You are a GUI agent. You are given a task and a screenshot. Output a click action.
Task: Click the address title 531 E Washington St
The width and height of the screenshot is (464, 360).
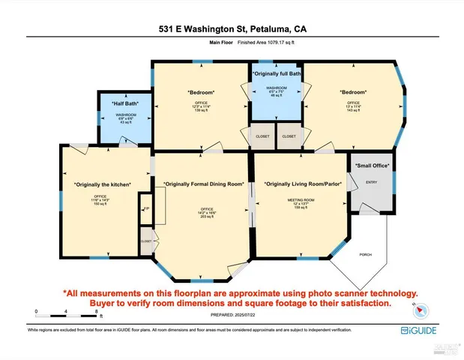pyautogui.click(x=232, y=29)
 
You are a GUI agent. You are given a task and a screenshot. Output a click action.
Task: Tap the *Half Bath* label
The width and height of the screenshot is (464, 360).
pyautogui.click(x=124, y=104)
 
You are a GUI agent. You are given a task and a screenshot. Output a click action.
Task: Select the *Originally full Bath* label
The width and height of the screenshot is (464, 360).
pyautogui.click(x=277, y=74)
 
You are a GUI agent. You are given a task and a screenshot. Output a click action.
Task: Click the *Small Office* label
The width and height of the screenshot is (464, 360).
pyautogui.click(x=372, y=165)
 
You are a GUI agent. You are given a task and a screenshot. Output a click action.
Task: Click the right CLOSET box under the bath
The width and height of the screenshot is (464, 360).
pyautogui.click(x=288, y=137)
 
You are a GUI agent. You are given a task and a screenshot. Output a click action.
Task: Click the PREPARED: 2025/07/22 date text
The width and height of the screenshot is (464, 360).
pyautogui.click(x=232, y=315)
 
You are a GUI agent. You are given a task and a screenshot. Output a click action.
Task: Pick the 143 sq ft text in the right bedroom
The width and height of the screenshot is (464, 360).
pyautogui.click(x=353, y=110)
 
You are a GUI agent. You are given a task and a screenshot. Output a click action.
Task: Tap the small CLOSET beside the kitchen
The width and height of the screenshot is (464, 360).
pyautogui.click(x=145, y=241)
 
